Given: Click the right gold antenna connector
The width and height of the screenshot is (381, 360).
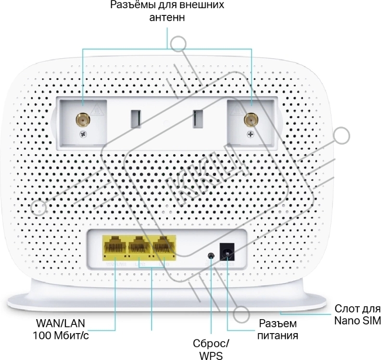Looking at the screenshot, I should [x=250, y=119].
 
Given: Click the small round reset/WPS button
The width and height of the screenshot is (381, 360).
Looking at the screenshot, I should [x=210, y=257].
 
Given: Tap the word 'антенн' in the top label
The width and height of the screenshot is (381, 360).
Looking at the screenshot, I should [x=167, y=18].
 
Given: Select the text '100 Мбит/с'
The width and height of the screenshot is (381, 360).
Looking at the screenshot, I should [x=61, y=335].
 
